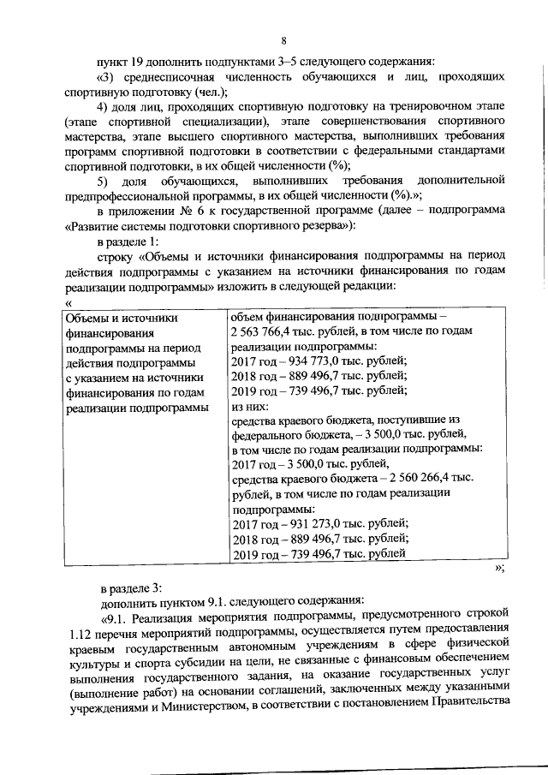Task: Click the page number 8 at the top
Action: pyautogui.click(x=283, y=39)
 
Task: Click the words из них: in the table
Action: pyautogui.click(x=250, y=407)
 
